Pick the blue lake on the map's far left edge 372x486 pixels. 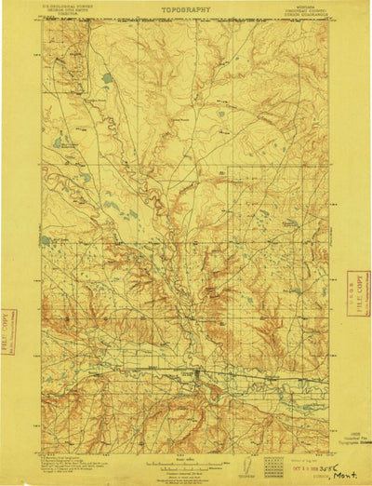point(58,142)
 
